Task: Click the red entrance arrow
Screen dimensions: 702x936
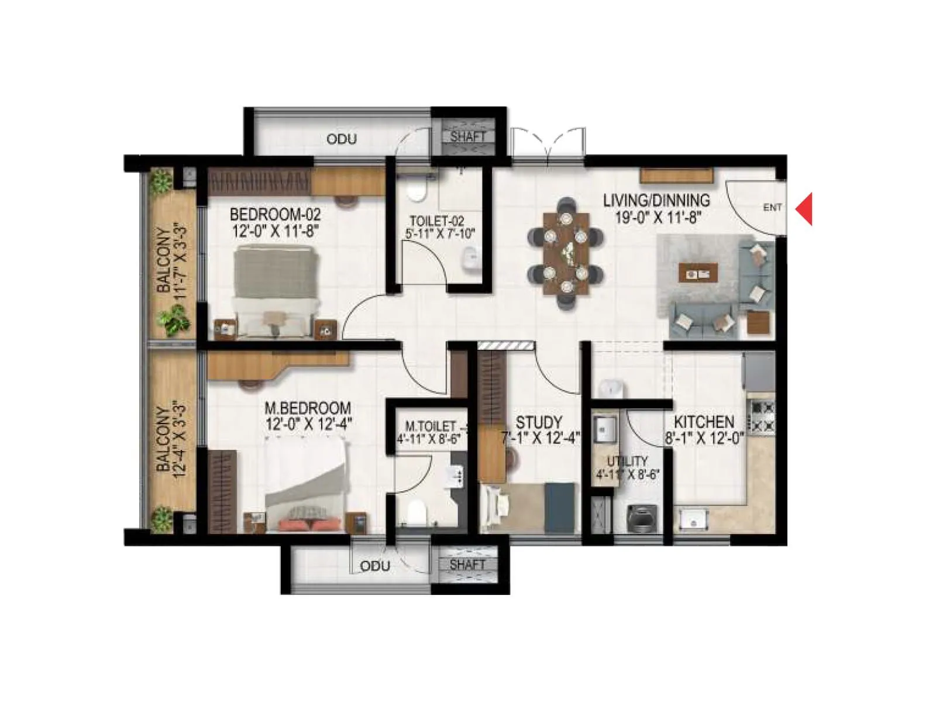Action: pyautogui.click(x=805, y=208)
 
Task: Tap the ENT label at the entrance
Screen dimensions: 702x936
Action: pyautogui.click(x=772, y=208)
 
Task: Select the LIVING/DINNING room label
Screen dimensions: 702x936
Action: pyautogui.click(x=656, y=201)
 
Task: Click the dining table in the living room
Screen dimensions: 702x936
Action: pyautogui.click(x=566, y=253)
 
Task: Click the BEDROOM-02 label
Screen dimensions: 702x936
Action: pyautogui.click(x=275, y=214)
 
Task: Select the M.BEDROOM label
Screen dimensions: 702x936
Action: pyautogui.click(x=308, y=408)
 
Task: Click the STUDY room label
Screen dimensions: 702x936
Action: pyautogui.click(x=539, y=422)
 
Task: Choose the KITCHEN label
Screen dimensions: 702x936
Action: pyautogui.click(x=704, y=422)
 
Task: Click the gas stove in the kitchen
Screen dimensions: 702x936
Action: pyautogui.click(x=762, y=416)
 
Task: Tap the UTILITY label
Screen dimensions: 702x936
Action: pyautogui.click(x=627, y=462)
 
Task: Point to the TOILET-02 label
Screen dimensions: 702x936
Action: pyautogui.click(x=437, y=221)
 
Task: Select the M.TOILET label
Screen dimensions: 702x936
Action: pyautogui.click(x=432, y=426)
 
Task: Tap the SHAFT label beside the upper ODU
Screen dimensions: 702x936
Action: pyautogui.click(x=468, y=136)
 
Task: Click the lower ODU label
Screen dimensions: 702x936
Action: pyautogui.click(x=375, y=566)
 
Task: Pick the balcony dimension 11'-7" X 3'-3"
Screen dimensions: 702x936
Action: pyautogui.click(x=181, y=260)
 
